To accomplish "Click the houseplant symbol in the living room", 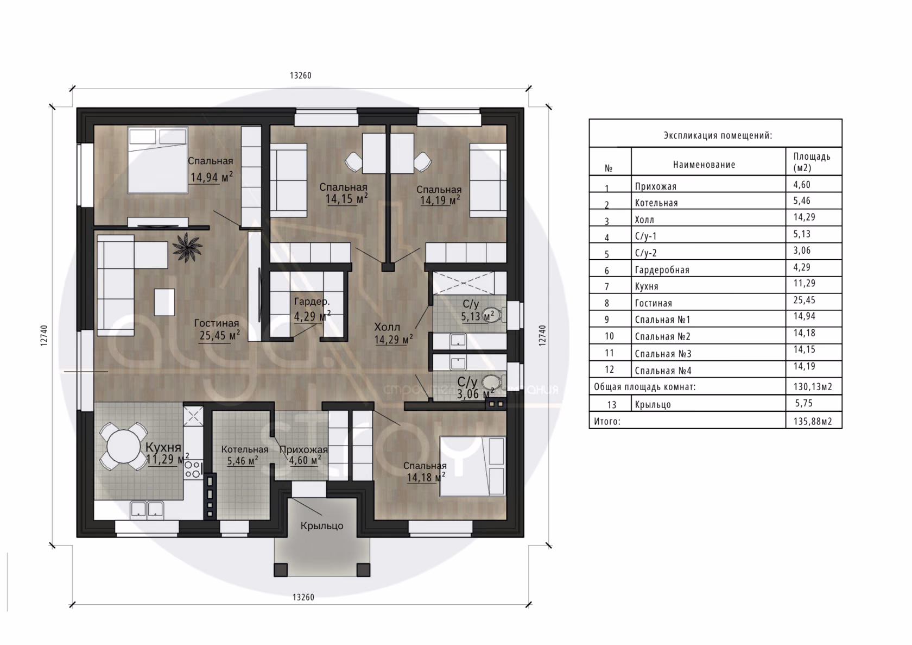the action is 187,247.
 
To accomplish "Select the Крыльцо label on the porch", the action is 321,525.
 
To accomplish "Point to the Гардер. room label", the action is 312,302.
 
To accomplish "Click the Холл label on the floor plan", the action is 387,327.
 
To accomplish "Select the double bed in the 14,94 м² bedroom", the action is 157,160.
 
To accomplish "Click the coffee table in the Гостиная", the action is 164,302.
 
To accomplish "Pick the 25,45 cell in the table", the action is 804,300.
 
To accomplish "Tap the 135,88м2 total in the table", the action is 813,421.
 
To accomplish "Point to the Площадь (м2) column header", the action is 812,162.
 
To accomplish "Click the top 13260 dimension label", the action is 301,76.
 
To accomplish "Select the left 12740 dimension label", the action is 44,336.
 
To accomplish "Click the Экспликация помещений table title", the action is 718,135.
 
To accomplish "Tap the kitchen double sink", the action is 147,509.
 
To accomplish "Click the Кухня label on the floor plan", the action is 163,447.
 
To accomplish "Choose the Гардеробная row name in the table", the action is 662,270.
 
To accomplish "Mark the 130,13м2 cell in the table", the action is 813,387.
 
